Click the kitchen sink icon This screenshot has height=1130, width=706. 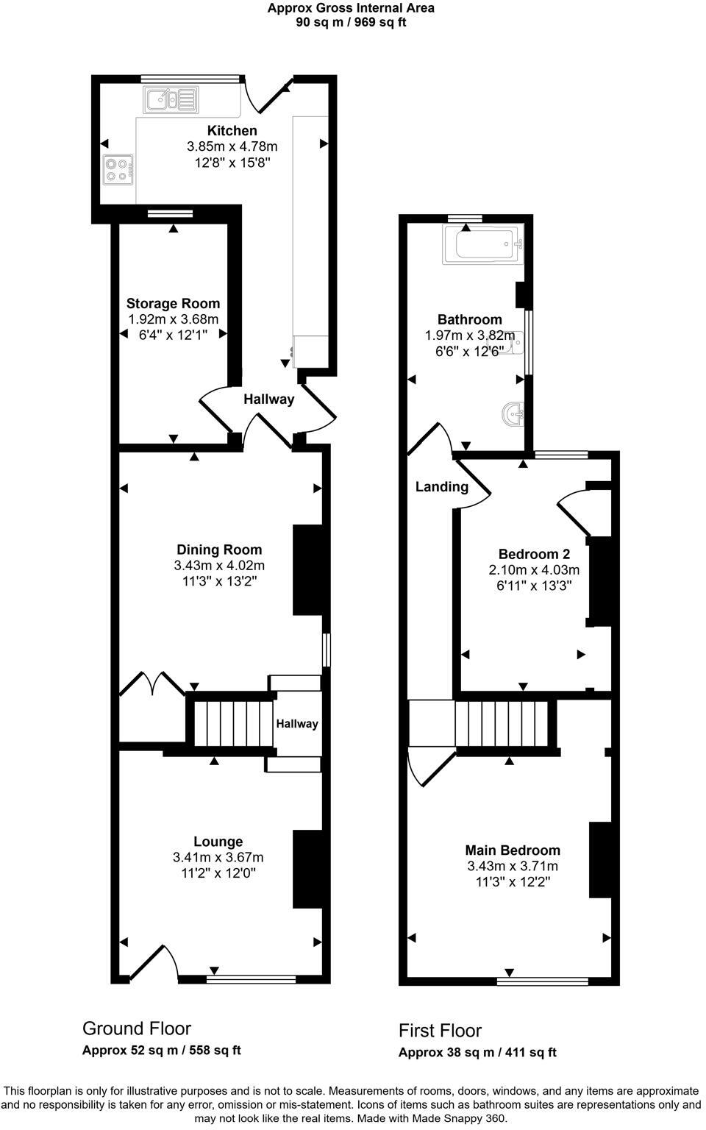(171, 99)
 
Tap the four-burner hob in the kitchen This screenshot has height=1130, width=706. (118, 171)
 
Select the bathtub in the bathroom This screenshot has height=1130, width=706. (482, 244)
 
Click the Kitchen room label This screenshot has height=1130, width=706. (232, 131)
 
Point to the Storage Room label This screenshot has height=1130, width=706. (173, 303)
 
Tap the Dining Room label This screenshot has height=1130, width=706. (219, 550)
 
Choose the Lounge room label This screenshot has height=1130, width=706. (218, 842)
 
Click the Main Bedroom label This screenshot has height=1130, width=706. (513, 850)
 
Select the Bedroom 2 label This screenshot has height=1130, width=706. (534, 554)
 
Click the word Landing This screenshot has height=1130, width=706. (441, 486)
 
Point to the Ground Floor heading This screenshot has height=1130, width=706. (137, 1028)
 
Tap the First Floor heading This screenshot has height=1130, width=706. (440, 1031)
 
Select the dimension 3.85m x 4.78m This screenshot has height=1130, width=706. (232, 147)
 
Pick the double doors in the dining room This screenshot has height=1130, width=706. (152, 683)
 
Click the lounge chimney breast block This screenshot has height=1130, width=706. (307, 869)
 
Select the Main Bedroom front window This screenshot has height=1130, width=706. (543, 981)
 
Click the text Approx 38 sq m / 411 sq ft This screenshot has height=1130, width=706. (477, 1053)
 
